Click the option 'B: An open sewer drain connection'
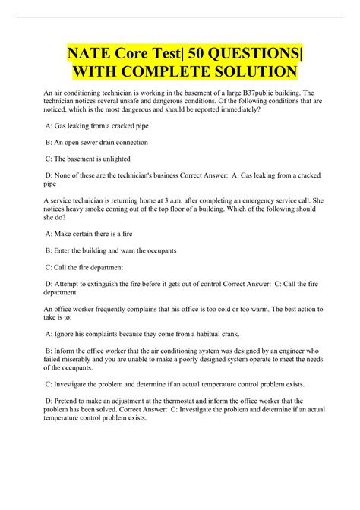97,141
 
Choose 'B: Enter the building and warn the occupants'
112,250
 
